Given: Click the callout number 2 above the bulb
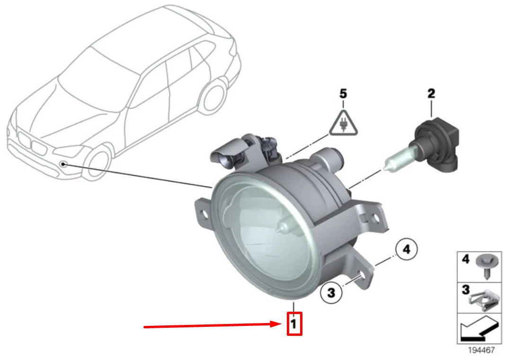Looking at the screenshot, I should pyautogui.click(x=431, y=94).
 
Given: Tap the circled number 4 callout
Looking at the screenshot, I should pyautogui.click(x=407, y=249).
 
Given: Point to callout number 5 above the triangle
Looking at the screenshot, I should pyautogui.click(x=344, y=94).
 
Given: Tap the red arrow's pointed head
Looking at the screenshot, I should pyautogui.click(x=281, y=324).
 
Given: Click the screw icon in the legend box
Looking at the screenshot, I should pyautogui.click(x=483, y=265).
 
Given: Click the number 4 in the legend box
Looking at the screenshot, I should pyautogui.click(x=465, y=260).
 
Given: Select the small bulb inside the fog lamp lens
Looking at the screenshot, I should pyautogui.click(x=284, y=227).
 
